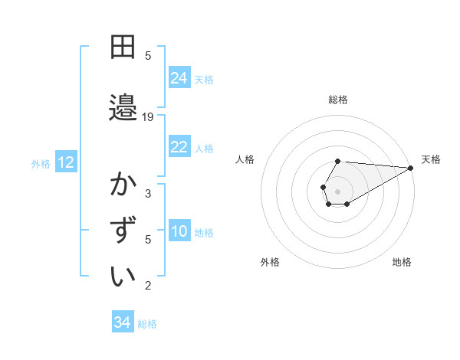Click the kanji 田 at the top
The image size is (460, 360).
click(123, 47)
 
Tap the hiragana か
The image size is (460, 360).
click(123, 185)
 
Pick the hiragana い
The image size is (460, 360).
click(123, 276)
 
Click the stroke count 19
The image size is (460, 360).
click(149, 117)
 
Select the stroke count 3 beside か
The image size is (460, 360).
click(148, 194)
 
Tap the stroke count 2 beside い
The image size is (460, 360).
click(148, 286)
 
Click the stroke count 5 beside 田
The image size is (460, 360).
click(148, 56)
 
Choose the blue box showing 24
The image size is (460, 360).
click(179, 78)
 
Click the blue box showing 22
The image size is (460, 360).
click(179, 147)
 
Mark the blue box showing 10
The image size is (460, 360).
click(179, 231)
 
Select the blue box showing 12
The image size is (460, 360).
click(66, 162)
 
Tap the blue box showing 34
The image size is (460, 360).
click(123, 322)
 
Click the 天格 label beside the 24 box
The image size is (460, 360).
click(204, 79)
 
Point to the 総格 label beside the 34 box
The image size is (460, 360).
click(147, 323)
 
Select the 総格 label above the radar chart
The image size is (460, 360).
click(338, 100)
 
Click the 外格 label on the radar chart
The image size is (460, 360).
click(270, 262)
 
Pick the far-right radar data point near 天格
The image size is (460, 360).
click(411, 169)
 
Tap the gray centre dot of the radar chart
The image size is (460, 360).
click(338, 191)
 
